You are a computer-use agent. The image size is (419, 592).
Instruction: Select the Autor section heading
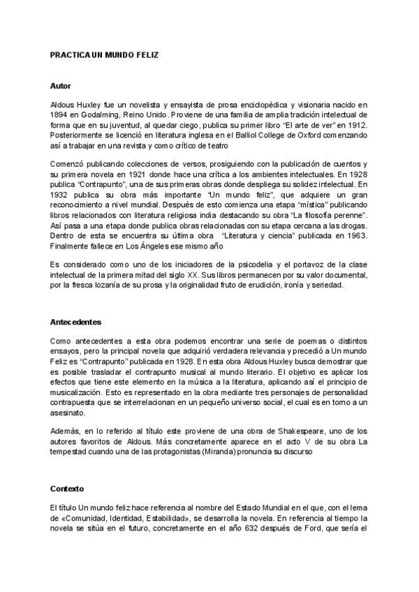61,85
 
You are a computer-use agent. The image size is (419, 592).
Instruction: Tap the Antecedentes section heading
76,323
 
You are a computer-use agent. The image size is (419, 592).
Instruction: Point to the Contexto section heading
67,488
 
